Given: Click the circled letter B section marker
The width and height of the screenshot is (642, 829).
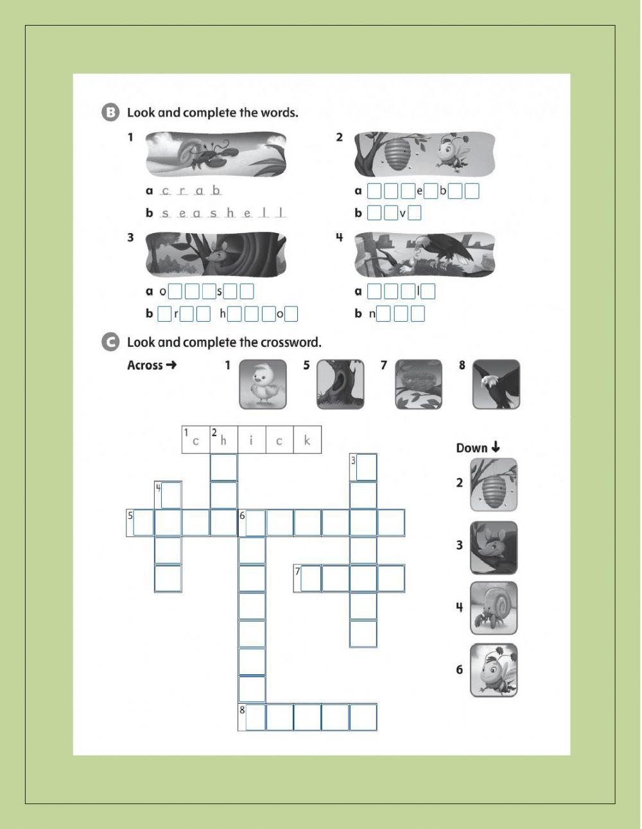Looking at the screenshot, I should (x=110, y=113).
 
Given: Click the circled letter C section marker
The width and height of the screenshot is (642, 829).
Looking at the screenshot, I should (x=110, y=342).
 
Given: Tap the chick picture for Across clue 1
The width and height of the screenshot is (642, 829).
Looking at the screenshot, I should (x=263, y=384).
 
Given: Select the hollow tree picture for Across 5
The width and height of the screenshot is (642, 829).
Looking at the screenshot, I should (x=340, y=384).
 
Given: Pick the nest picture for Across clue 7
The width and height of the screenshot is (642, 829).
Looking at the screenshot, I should (x=418, y=384).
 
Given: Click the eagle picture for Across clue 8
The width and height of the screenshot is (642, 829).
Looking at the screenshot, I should (x=496, y=384).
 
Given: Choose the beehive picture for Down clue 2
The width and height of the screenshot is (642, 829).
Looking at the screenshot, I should (x=493, y=485).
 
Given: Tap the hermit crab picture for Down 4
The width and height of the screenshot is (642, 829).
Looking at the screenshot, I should (x=493, y=608).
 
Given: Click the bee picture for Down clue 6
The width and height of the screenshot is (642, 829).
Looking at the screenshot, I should (x=493, y=670).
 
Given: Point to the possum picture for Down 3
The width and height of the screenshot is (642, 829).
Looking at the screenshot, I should (x=493, y=547).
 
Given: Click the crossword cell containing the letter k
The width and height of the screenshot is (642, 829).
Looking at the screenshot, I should (x=308, y=440).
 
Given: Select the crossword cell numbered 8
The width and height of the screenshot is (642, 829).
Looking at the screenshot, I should (x=252, y=717).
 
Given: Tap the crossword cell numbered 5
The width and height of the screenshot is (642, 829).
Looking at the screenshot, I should (x=140, y=523).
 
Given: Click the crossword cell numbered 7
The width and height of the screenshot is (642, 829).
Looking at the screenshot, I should (x=308, y=579).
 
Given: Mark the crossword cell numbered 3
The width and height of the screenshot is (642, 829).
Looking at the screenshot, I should (x=363, y=467).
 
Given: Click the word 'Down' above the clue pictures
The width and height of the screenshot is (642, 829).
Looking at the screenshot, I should (x=472, y=448).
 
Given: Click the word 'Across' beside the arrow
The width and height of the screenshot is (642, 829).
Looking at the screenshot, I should (x=145, y=365).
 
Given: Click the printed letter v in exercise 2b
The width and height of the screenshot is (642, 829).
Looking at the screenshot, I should (x=403, y=213).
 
